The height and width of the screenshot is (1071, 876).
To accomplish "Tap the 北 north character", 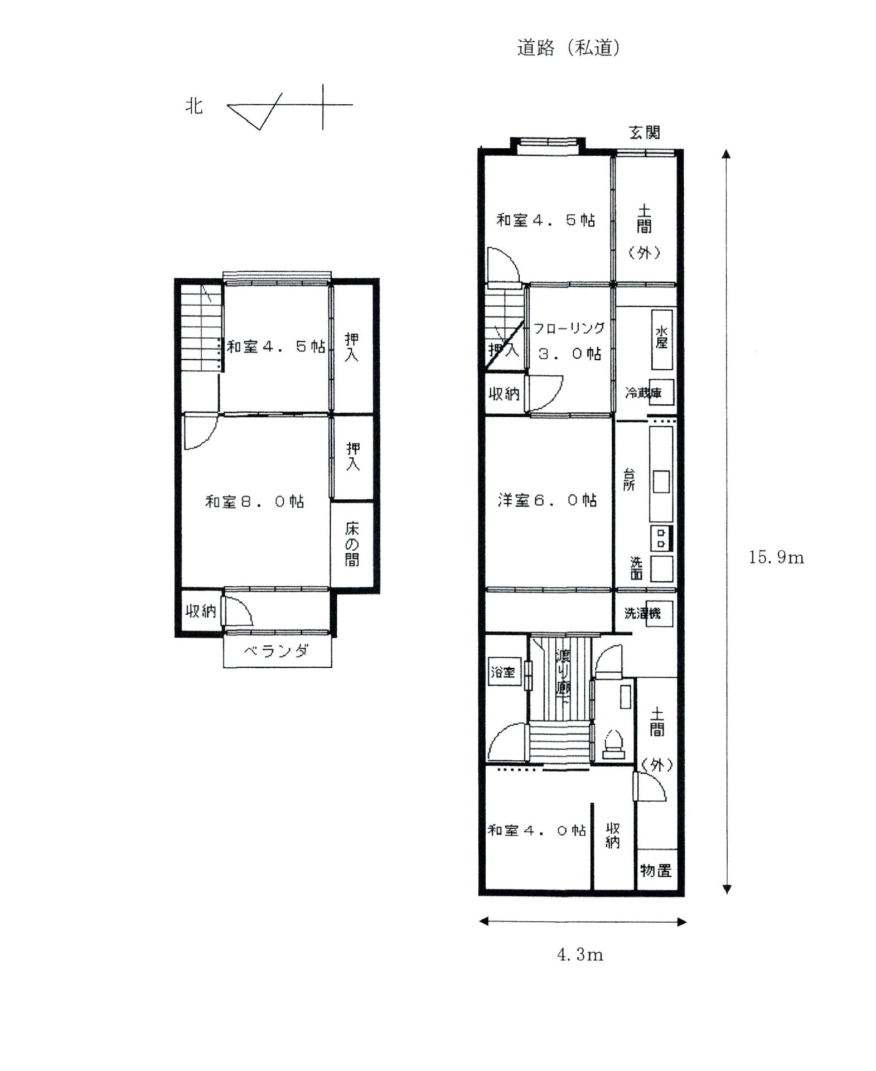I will [x=193, y=105].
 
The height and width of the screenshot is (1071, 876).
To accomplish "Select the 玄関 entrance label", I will [x=645, y=133].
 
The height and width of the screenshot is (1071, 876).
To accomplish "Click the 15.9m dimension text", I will [x=776, y=557].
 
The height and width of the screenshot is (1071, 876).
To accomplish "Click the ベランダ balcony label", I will [x=277, y=651].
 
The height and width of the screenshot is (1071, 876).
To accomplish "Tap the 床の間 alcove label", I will [x=352, y=544].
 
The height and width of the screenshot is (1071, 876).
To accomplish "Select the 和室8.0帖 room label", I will [x=255, y=502].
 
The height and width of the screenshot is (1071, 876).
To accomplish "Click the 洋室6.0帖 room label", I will [x=547, y=500].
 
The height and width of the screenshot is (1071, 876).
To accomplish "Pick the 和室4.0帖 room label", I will [x=536, y=831].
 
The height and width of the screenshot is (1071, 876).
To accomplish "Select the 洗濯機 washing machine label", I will [x=642, y=614].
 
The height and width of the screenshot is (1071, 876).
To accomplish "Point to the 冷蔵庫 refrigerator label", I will [x=643, y=393].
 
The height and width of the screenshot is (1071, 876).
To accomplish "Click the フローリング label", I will [x=569, y=329].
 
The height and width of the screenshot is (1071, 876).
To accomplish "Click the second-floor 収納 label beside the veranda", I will [x=201, y=611].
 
